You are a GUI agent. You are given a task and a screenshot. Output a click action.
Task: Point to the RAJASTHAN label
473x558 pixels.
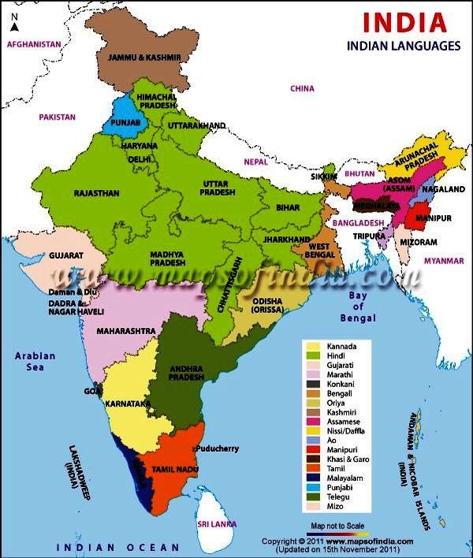[96, 193]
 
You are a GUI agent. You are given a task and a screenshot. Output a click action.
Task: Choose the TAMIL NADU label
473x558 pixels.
[171, 469]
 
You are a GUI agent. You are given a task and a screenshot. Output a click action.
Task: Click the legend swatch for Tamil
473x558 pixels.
[313, 468]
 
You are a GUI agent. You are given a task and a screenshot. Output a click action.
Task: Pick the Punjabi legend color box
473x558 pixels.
[313, 488]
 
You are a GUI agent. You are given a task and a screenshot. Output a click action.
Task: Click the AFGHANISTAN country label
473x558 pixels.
[34, 45]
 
